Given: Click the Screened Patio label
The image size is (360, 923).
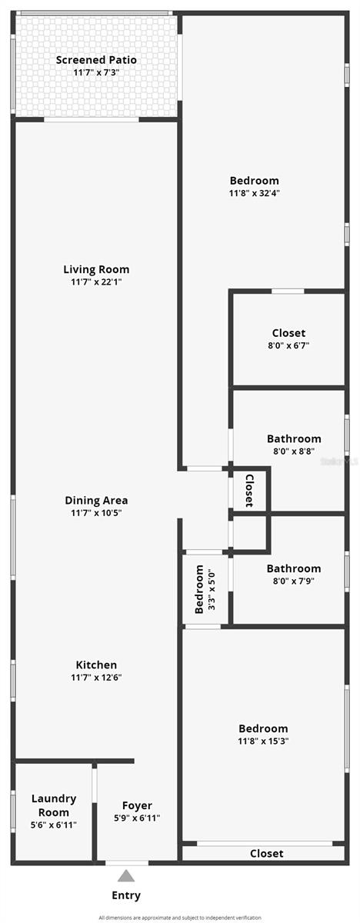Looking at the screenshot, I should tap(96, 59).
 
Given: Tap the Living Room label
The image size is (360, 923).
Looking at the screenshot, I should tap(96, 269).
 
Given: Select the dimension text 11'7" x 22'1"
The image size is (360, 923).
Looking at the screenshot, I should tap(96, 282).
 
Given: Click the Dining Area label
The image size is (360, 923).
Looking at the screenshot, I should tap(96, 500).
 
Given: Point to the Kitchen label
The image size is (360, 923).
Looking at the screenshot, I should tap(96, 665).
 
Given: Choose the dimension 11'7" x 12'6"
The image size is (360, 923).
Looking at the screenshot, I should tap(96, 677).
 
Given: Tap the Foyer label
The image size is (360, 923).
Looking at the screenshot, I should tap(137, 805).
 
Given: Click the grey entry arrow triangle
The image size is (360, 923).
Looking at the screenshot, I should tap(126, 876).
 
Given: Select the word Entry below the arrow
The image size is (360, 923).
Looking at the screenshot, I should tap(126, 895).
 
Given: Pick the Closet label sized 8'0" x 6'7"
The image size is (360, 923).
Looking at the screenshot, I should tap(288, 333).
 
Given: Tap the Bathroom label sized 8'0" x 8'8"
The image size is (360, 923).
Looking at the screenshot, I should tap(294, 439).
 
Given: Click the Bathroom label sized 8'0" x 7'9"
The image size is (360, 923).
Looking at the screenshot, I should tap(294, 568).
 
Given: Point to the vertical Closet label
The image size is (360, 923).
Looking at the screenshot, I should tap(248, 490).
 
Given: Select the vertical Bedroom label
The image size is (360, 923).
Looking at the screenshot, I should tap(200, 589).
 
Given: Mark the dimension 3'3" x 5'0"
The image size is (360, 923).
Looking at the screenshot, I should tap(212, 589).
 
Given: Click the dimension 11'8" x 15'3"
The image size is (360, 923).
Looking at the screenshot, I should tap(263, 741).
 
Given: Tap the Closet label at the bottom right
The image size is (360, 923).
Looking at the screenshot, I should tap(266, 853).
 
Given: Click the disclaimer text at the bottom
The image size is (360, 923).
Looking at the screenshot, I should tap(180, 918).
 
